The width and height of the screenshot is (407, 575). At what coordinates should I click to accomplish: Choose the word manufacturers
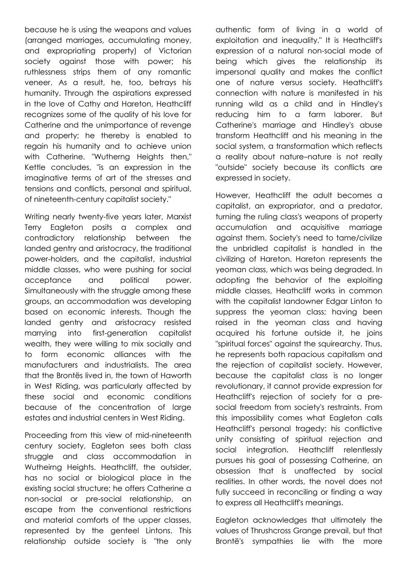(x=52, y=365)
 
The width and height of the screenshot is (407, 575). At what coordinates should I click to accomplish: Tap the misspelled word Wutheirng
(x=43, y=467)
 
